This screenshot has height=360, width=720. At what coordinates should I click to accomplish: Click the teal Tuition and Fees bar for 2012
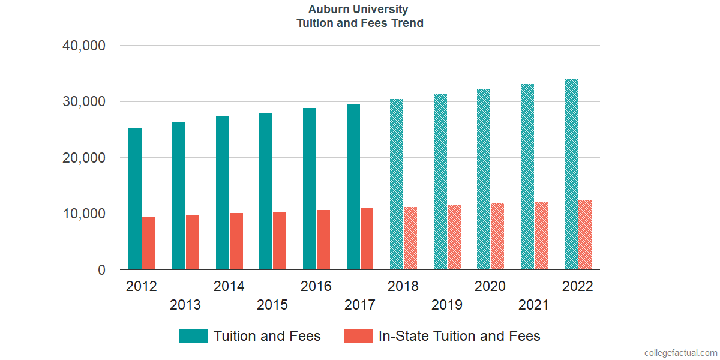(x=135, y=199)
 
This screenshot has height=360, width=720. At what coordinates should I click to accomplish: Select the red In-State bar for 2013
(x=193, y=242)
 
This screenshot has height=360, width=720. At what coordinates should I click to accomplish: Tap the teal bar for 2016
(x=310, y=189)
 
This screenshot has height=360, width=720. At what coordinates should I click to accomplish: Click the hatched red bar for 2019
(x=454, y=238)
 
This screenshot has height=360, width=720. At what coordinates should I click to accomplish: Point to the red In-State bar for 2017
(x=367, y=239)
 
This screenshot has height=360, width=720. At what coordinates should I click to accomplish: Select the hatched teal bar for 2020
(x=484, y=179)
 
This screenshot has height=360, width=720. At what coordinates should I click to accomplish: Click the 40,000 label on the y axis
(x=84, y=46)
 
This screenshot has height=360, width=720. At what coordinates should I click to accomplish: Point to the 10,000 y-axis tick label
(x=84, y=214)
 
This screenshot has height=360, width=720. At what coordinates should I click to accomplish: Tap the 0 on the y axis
(x=101, y=271)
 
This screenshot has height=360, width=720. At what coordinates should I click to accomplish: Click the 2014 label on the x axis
(x=229, y=286)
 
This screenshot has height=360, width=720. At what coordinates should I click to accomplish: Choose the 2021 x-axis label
(x=533, y=305)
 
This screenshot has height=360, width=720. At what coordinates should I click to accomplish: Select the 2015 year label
(x=272, y=305)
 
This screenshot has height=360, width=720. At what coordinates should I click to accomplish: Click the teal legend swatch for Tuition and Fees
(x=194, y=336)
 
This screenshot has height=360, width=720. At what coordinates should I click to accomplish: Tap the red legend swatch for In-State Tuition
(x=359, y=336)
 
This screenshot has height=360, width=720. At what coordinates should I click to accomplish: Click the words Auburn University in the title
(x=358, y=10)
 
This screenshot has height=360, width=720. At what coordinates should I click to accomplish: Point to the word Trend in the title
(x=407, y=23)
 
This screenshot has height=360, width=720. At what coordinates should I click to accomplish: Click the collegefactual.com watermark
(x=680, y=353)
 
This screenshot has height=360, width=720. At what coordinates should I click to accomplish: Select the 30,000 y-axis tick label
(x=84, y=102)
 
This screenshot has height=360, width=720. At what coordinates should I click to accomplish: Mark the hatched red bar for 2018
(x=410, y=238)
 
